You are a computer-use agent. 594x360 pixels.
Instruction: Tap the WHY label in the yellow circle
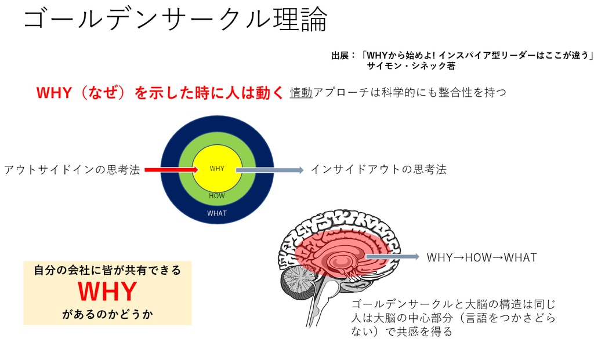point(217,169)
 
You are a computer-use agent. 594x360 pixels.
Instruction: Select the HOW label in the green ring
point(217,196)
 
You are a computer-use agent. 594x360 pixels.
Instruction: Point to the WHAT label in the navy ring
point(217,213)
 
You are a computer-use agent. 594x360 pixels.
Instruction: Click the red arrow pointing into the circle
point(171,169)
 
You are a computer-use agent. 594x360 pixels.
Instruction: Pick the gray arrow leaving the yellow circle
point(269,170)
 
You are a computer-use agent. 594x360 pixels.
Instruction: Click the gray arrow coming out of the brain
point(392,257)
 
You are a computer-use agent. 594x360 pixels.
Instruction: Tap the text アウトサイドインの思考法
point(72,170)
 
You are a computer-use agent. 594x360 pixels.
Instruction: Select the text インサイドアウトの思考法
point(378,169)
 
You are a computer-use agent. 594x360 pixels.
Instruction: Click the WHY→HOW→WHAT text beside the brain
point(481,257)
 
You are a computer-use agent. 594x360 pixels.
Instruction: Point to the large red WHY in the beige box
point(107,292)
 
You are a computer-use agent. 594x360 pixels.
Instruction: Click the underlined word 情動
point(301,92)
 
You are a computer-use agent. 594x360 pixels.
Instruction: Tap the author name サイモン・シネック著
point(411,66)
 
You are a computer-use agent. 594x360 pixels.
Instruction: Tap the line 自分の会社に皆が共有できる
point(107,270)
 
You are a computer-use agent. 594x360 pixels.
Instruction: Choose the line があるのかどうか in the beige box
point(107,315)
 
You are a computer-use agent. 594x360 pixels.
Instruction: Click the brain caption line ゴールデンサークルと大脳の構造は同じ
point(454,304)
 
